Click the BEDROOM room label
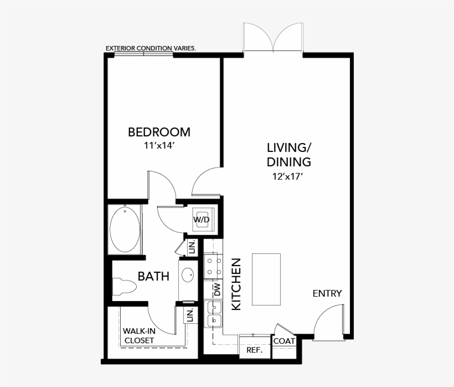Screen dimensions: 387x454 click(x=159, y=132)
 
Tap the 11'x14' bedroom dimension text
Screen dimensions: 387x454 click(x=159, y=146)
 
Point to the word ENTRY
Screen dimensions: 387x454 click(x=327, y=293)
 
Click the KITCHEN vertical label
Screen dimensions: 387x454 click(x=236, y=284)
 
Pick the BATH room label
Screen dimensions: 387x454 click(x=153, y=276)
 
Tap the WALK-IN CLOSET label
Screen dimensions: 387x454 click(x=138, y=335)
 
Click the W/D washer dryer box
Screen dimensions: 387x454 click(x=201, y=220)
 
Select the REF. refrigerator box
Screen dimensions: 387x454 click(x=254, y=350)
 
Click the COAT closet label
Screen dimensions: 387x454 click(x=284, y=341)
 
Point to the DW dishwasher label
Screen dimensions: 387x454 click(x=217, y=289)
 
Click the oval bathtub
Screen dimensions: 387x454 click(x=125, y=229)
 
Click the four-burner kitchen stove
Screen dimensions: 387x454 click(x=213, y=266)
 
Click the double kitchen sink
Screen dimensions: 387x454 click(x=213, y=313)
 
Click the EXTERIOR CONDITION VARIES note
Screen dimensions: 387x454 click(x=150, y=49)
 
